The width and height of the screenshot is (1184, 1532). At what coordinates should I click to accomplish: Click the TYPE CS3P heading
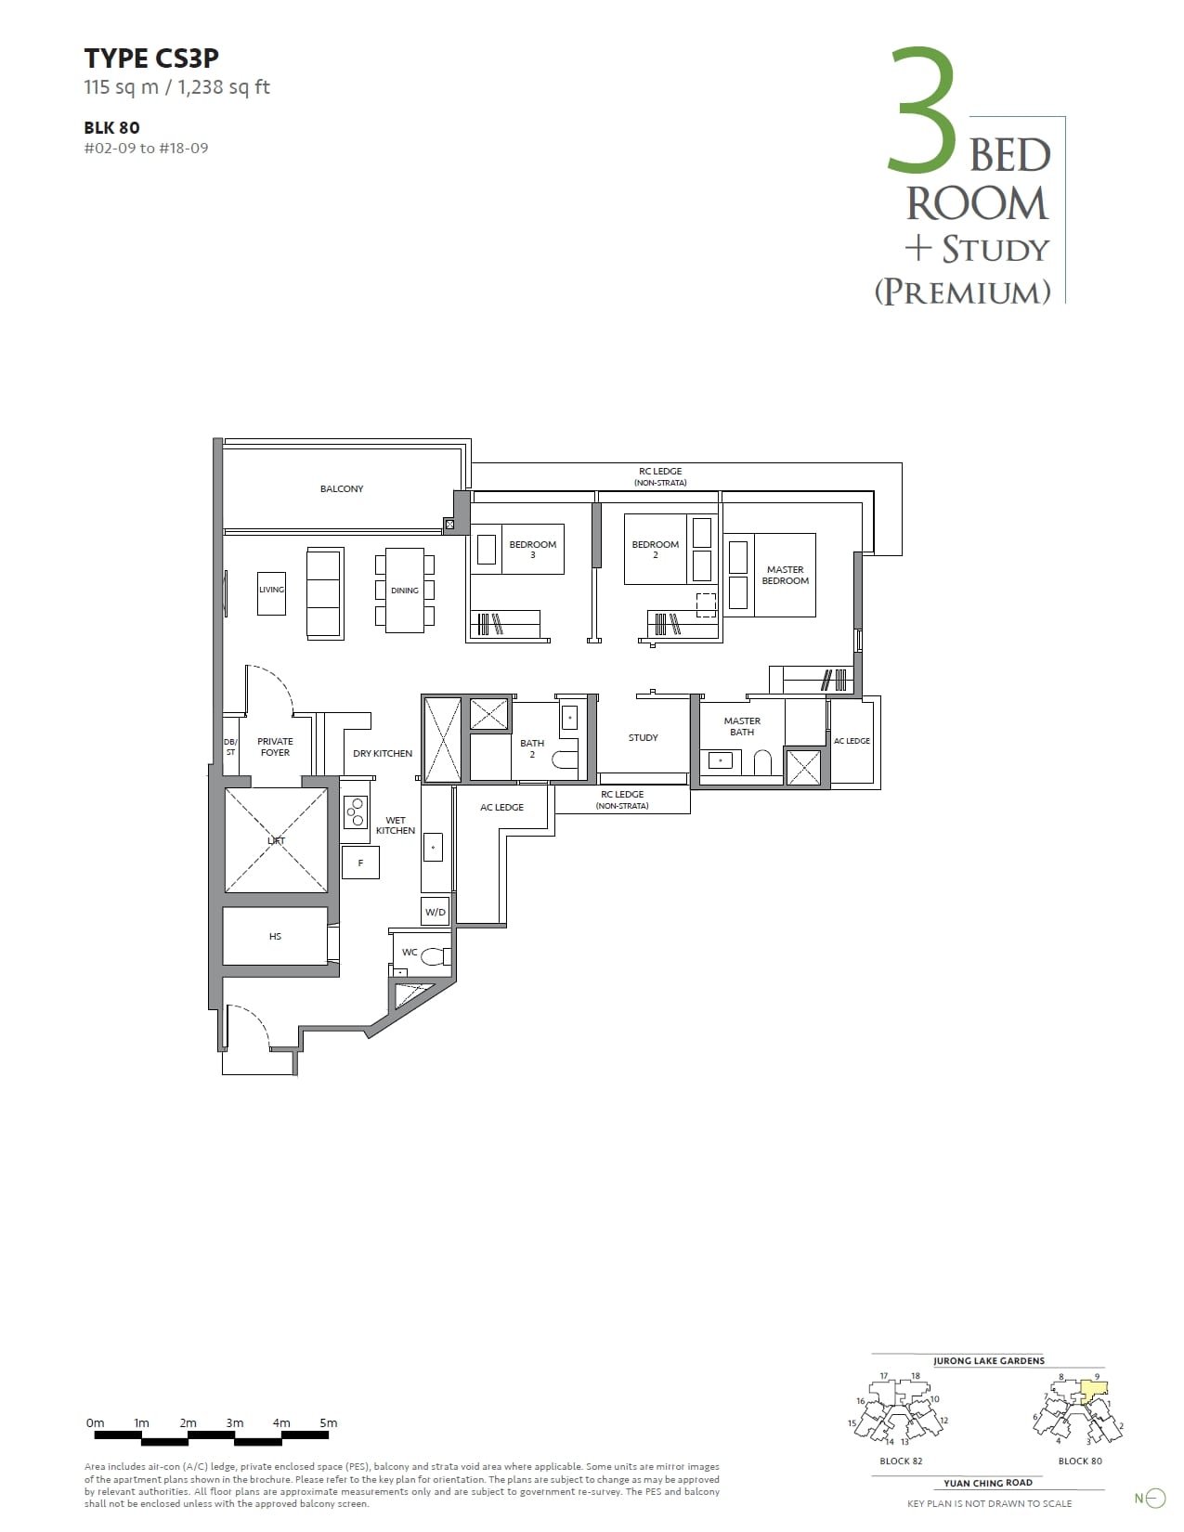151,58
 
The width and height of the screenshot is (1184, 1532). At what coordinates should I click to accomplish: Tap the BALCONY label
342,489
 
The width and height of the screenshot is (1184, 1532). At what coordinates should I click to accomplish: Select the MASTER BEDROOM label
785,576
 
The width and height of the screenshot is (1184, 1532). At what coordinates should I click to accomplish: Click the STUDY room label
643,738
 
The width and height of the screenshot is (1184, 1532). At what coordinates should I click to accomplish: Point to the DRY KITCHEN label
383,754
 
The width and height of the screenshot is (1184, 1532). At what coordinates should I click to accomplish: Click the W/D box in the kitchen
436,912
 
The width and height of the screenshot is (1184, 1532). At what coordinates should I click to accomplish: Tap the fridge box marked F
360,863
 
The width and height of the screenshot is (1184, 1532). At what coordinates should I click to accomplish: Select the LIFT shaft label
276,840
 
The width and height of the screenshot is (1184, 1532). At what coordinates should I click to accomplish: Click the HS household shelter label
275,937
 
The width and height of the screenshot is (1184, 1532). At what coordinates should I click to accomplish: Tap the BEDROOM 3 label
532,549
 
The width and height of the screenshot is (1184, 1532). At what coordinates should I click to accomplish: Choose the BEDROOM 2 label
655,549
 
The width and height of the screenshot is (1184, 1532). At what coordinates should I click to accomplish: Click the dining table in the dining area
405,591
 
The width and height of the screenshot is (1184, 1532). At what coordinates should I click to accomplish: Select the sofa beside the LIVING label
325,593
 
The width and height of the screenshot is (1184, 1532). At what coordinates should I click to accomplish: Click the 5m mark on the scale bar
328,1423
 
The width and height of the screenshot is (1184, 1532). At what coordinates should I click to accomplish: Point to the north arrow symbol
1153,1498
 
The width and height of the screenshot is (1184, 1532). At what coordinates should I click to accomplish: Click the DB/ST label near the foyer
230,747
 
